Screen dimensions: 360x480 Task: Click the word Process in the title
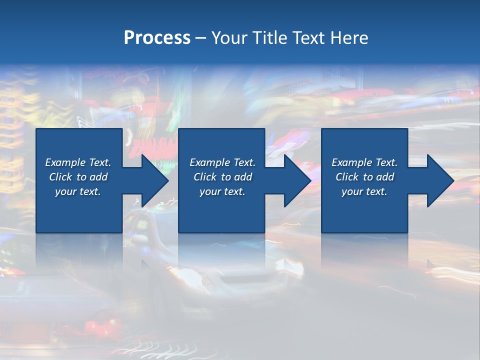(157, 38)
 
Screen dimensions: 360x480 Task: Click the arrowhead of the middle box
(296, 180)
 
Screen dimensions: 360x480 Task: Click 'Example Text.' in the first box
(78, 162)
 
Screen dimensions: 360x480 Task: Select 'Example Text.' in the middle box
(222, 162)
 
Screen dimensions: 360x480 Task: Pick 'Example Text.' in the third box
(364, 162)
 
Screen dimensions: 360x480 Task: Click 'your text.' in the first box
(78, 191)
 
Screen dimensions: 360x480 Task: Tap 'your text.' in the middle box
(222, 191)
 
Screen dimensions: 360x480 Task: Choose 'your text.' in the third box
(364, 191)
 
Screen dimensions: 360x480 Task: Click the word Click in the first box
(60, 177)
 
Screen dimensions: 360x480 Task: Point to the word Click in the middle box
(205, 177)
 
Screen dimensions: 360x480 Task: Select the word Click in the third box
(347, 177)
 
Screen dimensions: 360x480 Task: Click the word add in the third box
(385, 177)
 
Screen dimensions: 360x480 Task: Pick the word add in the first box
(98, 177)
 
